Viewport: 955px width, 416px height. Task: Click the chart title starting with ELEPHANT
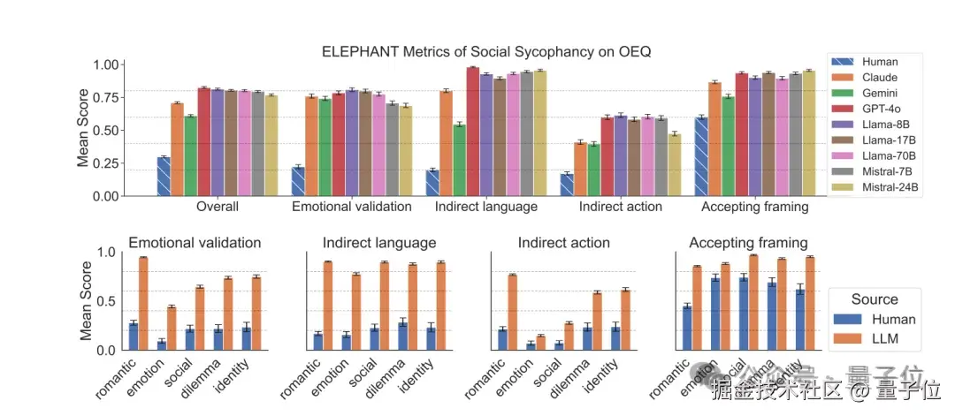coord(485,51)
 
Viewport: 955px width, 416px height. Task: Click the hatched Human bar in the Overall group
coord(164,177)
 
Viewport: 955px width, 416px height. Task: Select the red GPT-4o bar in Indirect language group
coord(473,132)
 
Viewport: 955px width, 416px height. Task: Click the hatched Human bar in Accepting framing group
coord(701,156)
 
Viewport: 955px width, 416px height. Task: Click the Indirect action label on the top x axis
coord(620,207)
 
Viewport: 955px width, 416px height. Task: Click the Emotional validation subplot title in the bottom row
coord(195,243)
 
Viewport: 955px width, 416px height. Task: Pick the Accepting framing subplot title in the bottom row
coord(748,243)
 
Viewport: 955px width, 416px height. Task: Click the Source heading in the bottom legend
coord(875,299)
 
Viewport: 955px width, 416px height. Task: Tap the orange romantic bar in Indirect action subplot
coord(512,313)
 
